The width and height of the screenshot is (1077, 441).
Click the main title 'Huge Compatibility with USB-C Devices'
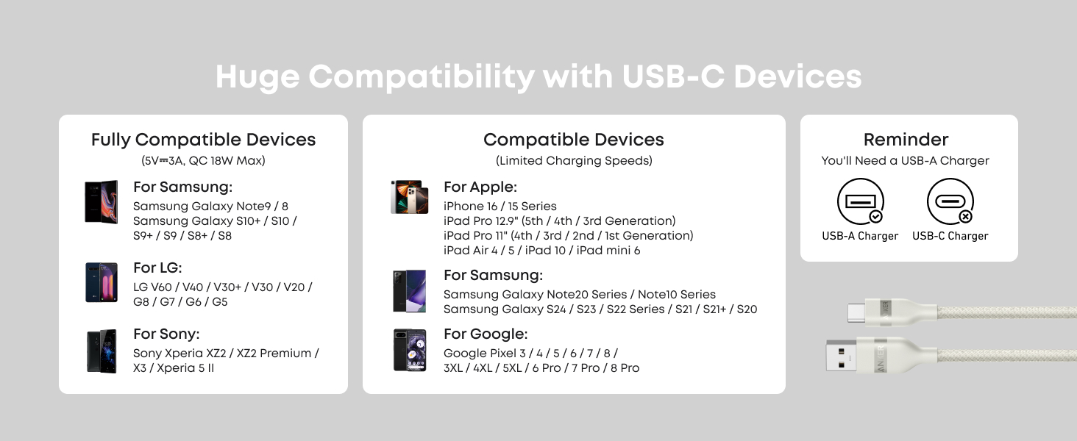coord(538,77)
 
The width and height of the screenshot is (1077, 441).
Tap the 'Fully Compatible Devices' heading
coord(203,140)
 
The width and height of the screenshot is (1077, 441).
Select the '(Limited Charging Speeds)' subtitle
coord(574,160)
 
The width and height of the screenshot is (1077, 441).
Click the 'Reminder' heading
coord(906,140)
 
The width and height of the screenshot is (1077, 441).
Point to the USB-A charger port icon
coord(860,201)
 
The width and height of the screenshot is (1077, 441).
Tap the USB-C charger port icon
coord(950,201)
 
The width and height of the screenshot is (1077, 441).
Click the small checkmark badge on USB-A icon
coord(875,217)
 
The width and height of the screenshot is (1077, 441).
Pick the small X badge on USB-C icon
coord(965,217)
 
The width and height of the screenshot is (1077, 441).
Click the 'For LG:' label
coord(157,268)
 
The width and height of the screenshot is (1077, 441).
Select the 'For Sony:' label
coord(166,334)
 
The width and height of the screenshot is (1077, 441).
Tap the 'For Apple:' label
coord(480,187)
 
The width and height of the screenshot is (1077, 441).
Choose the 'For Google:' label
coord(486,334)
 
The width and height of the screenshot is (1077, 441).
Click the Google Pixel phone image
coord(410,350)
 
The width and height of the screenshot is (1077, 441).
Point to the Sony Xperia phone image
coord(102,351)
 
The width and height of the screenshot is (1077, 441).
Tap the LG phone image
coord(102,282)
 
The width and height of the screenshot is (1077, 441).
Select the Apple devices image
coord(410,197)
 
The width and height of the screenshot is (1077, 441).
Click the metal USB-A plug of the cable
coord(841,356)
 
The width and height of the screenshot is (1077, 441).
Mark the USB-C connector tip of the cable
coord(856,312)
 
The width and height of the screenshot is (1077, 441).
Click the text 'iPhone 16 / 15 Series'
coord(500,206)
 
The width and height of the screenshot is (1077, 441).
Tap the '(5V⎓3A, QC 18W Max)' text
coord(203,160)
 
